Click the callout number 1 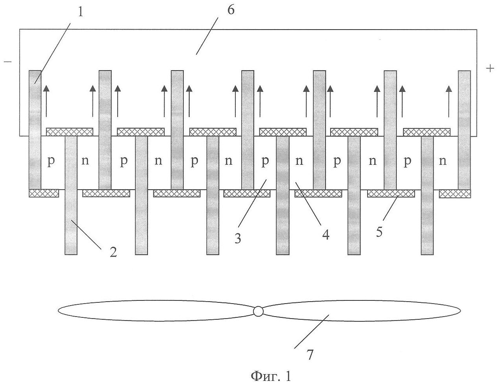pos(80,12)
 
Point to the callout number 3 pos(237,239)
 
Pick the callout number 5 pos(379,231)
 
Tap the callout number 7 pos(310,355)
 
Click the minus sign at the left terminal pos(7,62)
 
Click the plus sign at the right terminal pos(490,69)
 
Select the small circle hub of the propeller pos(258,311)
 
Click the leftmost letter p pos(51,162)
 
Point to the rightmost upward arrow pos(449,101)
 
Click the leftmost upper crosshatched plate pos(70,132)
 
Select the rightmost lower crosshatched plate pos(455,193)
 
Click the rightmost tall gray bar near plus pos(464,130)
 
